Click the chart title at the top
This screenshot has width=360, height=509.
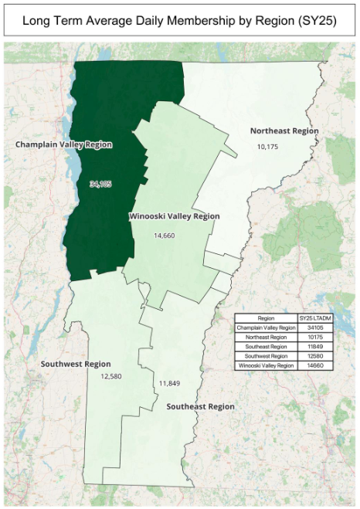click(179, 21)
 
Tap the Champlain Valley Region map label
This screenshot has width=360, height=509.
click(64, 144)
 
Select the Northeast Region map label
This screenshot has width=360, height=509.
click(284, 131)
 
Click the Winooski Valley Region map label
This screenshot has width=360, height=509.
click(174, 216)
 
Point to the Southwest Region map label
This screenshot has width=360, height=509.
click(76, 363)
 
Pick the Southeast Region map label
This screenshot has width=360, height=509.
click(200, 406)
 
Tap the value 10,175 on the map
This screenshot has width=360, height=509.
click(267, 146)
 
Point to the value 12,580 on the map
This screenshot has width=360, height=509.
click(111, 377)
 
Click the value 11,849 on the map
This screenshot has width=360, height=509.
click(169, 383)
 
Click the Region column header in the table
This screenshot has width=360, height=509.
click(267, 318)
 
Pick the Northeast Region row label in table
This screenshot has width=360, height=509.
click(267, 337)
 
